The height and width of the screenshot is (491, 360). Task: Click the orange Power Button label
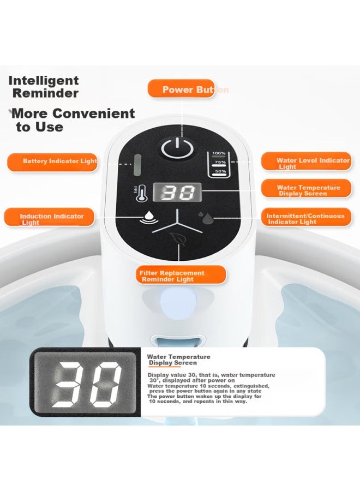[x=181, y=89]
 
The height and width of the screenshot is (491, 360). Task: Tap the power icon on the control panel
[x=177, y=147]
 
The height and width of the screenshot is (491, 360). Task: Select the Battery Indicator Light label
[x=52, y=162]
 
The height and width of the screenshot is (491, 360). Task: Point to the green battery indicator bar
[x=137, y=165]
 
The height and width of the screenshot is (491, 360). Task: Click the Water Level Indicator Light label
[x=306, y=161]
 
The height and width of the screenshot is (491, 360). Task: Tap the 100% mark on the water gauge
[x=219, y=154]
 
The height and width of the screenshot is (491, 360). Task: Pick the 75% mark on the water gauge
[x=220, y=163]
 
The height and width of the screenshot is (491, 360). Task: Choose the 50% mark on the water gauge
[x=220, y=172]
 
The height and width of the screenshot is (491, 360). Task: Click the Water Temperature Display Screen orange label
[x=306, y=189]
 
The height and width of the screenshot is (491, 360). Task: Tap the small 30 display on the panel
[x=177, y=192]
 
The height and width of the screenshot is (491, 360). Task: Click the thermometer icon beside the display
[x=140, y=193]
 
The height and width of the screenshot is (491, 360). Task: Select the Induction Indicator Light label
[x=49, y=217]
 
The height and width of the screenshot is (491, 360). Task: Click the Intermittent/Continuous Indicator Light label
[x=306, y=217]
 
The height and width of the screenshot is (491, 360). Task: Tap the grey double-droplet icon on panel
[x=205, y=218]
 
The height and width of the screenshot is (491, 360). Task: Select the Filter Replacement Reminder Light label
[x=181, y=274]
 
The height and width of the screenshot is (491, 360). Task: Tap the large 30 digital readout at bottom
[x=85, y=382]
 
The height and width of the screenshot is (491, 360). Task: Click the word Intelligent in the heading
[x=44, y=81]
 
